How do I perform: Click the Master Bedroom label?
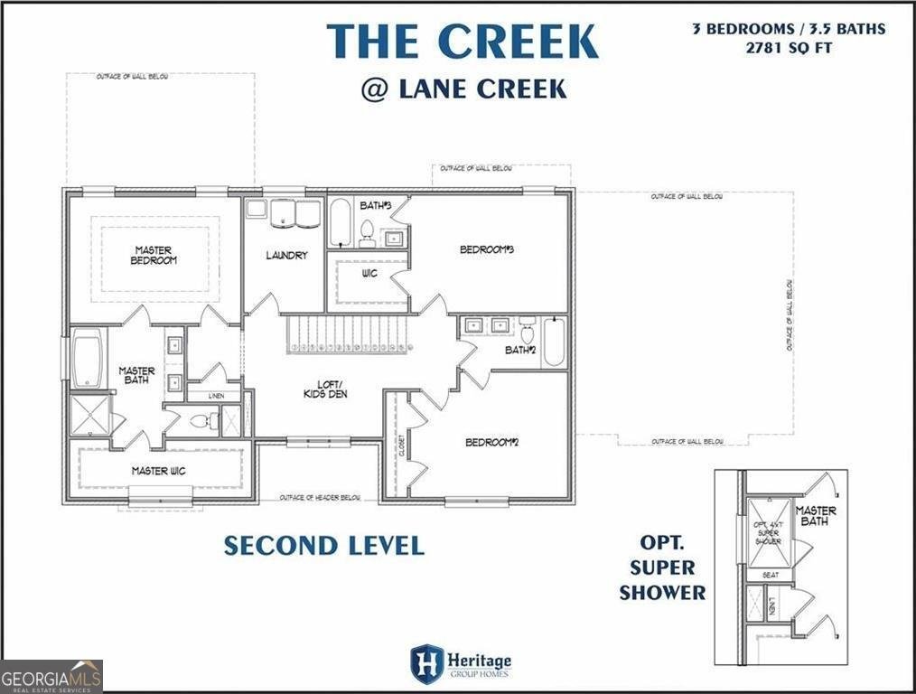(154, 256)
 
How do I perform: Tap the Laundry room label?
(286, 256)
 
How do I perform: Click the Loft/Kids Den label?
(324, 389)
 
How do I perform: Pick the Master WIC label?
(159, 471)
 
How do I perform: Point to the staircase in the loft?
(347, 335)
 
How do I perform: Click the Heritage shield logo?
(426, 662)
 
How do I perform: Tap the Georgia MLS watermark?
(51, 676)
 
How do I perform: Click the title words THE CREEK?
(462, 42)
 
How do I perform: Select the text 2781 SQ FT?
(789, 47)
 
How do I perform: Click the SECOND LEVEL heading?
(323, 546)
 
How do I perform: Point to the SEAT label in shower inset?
(771, 575)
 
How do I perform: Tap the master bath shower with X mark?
(90, 414)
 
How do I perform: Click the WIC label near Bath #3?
(369, 273)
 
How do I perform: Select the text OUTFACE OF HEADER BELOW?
(321, 498)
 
